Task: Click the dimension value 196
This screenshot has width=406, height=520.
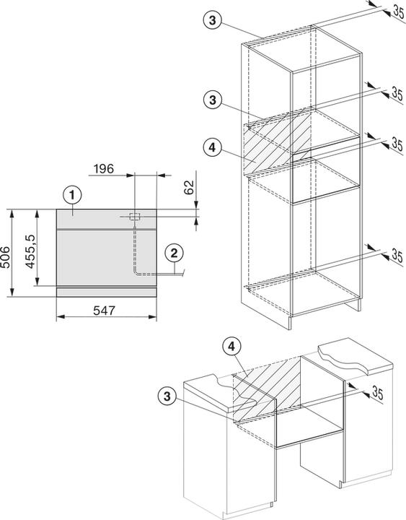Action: click(x=104, y=169)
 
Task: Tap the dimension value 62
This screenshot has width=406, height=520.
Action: click(x=189, y=188)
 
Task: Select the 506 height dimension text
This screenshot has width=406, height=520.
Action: click(x=5, y=257)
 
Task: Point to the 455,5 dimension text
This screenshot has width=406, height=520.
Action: click(x=30, y=251)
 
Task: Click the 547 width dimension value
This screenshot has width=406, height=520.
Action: click(x=104, y=311)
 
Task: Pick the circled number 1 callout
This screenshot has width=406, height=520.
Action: click(x=73, y=196)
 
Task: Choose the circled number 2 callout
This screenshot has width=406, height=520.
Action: click(x=175, y=253)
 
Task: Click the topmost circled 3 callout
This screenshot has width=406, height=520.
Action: click(x=212, y=20)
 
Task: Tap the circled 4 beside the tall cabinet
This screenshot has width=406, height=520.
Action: click(x=212, y=147)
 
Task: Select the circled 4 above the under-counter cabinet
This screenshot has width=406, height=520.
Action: click(x=231, y=347)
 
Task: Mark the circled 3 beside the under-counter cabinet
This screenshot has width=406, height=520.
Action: click(x=167, y=396)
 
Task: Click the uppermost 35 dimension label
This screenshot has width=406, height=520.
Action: click(x=398, y=12)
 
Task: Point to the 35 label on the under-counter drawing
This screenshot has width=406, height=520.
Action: click(x=378, y=393)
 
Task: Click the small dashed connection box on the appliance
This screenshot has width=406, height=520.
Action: click(x=135, y=217)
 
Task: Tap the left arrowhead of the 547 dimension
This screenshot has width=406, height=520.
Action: click(x=61, y=317)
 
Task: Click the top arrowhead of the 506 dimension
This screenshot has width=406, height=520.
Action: click(x=12, y=213)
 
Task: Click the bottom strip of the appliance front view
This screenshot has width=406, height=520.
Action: click(x=106, y=292)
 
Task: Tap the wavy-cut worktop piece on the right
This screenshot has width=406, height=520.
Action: click(x=355, y=356)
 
